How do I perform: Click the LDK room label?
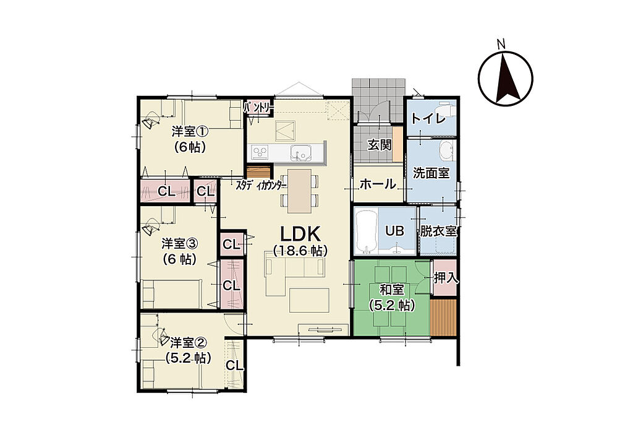[x=300, y=234]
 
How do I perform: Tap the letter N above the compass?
[x=501, y=44]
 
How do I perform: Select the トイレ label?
[x=428, y=118]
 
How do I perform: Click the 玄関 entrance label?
[x=380, y=145]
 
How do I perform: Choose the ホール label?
[x=378, y=184]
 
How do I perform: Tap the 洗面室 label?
[x=431, y=173]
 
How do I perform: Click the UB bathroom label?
[x=394, y=231]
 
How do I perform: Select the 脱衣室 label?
[x=438, y=231]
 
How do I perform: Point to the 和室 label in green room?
[x=391, y=290]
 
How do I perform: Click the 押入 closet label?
[x=446, y=278]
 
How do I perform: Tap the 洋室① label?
[x=190, y=131]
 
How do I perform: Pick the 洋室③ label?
[x=180, y=243]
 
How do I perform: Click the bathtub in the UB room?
[x=366, y=231]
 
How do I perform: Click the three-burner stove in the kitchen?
[x=260, y=152]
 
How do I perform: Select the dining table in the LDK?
[x=300, y=191]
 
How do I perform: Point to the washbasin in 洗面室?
[x=446, y=150]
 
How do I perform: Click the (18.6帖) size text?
[x=300, y=251]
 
